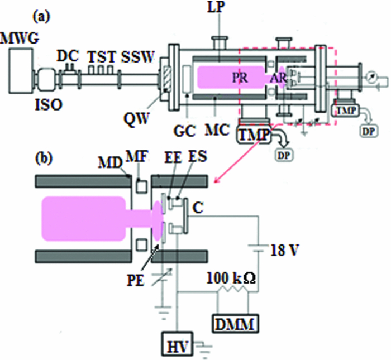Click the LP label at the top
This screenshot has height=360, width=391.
tap(218, 9)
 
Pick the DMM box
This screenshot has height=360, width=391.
tap(235, 321)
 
